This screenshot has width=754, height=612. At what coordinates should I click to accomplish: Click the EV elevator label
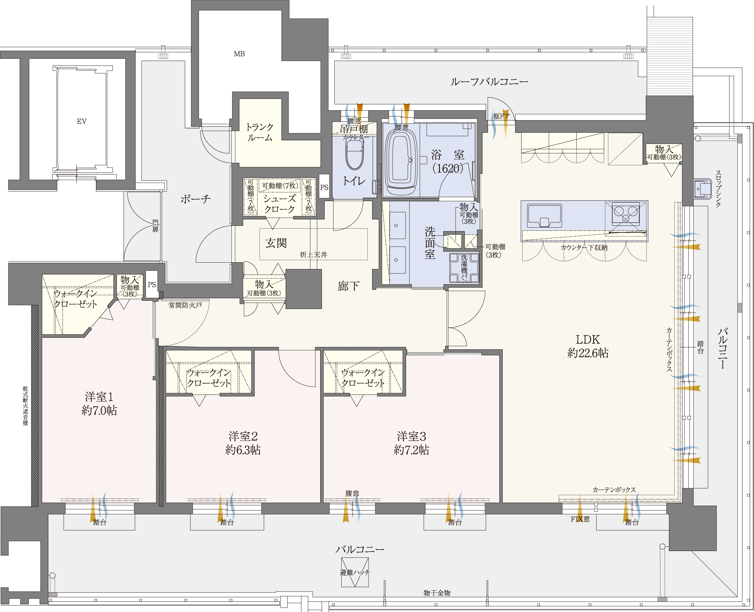coord(82,121)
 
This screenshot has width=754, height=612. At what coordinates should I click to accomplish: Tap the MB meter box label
coord(239,54)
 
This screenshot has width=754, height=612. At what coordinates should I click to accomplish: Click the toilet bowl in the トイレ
coord(355,155)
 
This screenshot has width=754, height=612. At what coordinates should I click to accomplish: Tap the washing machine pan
coord(464,268)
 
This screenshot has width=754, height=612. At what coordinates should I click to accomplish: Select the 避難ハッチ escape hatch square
coord(355,572)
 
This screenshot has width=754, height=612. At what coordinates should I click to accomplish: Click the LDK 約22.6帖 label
coord(588,346)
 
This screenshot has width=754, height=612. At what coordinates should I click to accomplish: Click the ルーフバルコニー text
coord(489,82)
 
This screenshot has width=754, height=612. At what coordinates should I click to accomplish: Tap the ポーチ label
coord(196,199)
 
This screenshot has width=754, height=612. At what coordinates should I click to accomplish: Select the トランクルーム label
coord(260,132)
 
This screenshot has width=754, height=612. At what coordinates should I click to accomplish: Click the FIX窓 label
coord(580,519)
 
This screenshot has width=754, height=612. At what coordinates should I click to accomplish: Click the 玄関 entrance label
coord(276,243)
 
